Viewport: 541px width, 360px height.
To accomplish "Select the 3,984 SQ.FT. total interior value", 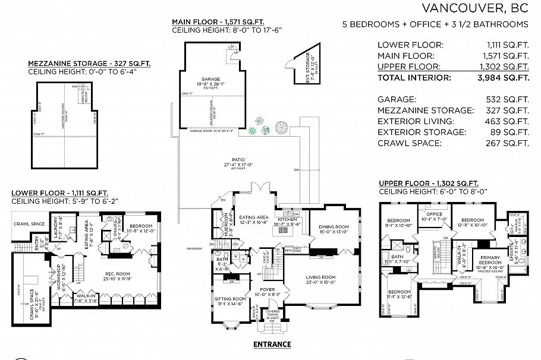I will click(x=507, y=77).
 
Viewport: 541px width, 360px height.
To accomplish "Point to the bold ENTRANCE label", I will click(x=272, y=344).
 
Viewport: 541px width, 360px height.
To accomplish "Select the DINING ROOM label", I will click(x=334, y=226).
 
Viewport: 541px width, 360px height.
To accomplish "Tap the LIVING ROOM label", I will click(x=321, y=277).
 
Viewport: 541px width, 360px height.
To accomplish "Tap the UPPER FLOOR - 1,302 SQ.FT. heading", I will click(x=429, y=184).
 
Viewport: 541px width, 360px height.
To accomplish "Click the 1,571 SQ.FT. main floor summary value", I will click(x=507, y=55).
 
